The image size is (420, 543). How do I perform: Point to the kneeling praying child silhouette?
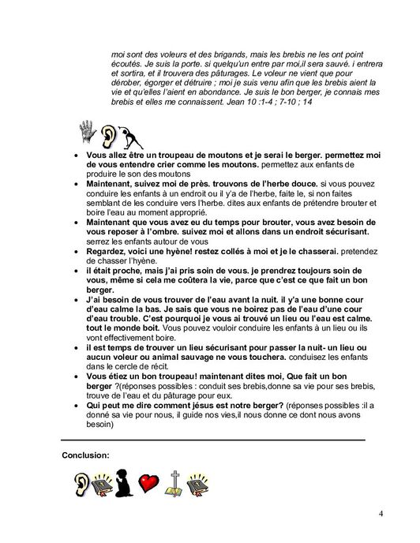(126, 483)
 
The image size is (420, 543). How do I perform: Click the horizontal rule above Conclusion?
(213, 439)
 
